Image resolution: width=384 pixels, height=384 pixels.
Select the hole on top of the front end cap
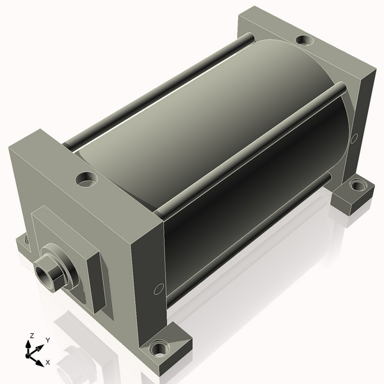84,179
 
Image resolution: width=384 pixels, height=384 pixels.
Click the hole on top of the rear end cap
304,40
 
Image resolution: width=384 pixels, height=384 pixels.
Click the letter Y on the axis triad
47,340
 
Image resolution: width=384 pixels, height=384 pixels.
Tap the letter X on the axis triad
48,362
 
